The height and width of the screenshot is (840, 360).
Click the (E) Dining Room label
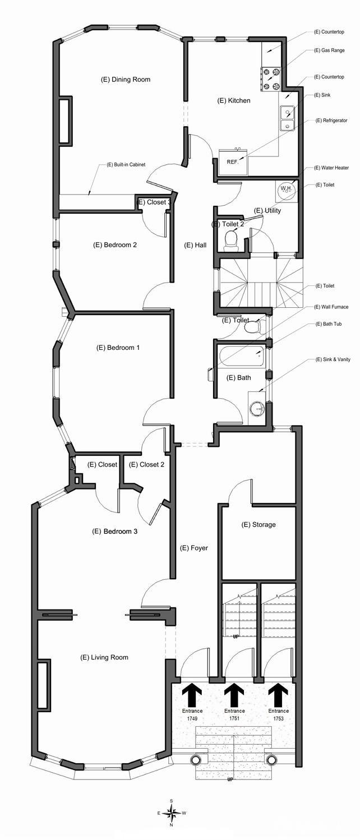point(126,80)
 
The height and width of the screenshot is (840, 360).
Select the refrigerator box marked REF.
point(233,161)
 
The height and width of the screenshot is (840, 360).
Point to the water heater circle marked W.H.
point(287,188)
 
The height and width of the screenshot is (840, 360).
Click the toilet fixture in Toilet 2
point(231,241)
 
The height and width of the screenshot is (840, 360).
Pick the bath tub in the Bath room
point(242,357)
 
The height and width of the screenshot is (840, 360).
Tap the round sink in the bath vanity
point(257,408)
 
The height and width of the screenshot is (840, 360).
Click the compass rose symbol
point(172,813)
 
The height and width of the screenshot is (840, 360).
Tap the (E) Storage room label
point(259,525)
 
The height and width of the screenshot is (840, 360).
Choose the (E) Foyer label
point(194,548)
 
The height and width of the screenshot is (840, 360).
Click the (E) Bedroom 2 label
point(115,245)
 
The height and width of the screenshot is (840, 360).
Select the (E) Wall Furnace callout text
point(331,307)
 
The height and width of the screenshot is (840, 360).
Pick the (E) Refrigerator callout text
point(331,121)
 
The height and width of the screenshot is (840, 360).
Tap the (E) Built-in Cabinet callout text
point(126,164)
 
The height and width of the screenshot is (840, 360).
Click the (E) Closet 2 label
point(146,464)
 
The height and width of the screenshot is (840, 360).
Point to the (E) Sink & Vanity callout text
point(333,359)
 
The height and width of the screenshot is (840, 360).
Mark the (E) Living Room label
point(104,657)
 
